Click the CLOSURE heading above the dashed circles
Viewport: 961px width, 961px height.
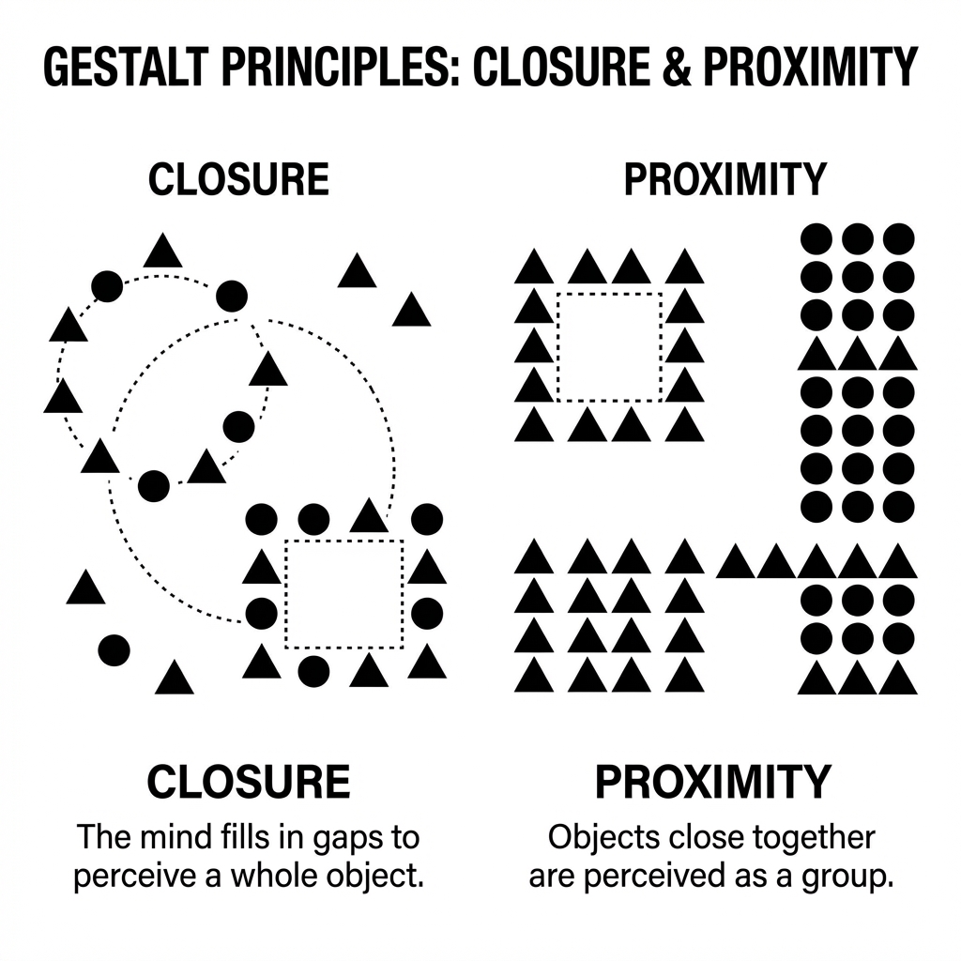239,179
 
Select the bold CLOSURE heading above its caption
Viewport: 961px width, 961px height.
249,781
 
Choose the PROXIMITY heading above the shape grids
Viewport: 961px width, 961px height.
725,179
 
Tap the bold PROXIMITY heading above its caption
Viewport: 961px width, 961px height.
713,781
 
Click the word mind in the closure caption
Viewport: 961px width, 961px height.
172,835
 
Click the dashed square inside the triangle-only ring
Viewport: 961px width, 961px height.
609,345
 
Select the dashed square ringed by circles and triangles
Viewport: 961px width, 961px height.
343,594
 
